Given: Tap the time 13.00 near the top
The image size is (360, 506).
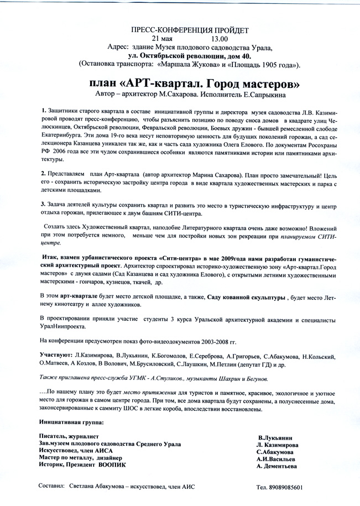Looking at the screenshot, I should coord(219,39).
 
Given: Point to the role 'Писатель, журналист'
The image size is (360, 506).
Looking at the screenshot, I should coord(69,436).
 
